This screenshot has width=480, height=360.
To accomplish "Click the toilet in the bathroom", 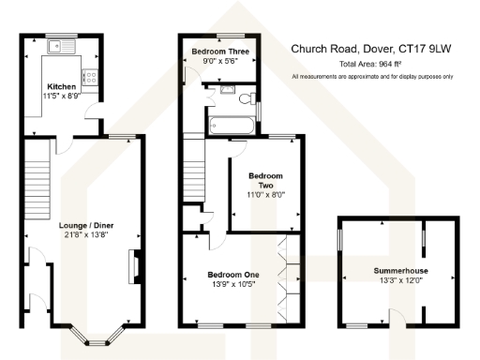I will pyautogui.click(x=245, y=97).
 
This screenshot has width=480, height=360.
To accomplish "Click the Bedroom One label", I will pyautogui.click(x=232, y=275).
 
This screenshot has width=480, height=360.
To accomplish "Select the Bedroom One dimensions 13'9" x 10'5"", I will pyautogui.click(x=232, y=285).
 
